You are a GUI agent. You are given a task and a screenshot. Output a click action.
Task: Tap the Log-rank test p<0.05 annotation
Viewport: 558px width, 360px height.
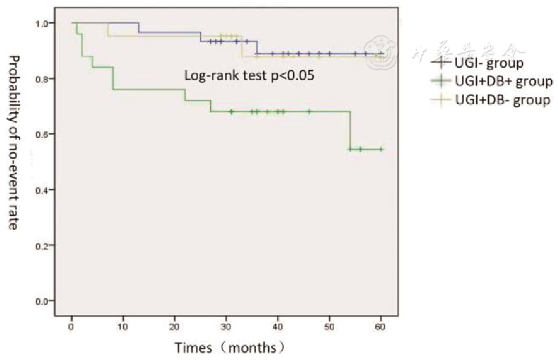(x=249, y=75)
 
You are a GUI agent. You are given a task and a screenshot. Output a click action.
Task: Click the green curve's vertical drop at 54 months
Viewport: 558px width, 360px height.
(x=350, y=130)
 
